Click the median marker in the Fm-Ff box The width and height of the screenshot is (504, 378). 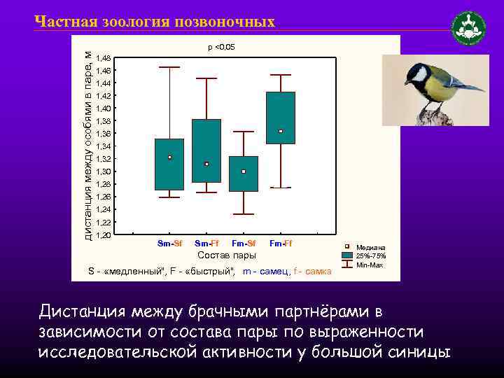coord(281,131)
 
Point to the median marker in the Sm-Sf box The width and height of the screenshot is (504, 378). coord(169,157)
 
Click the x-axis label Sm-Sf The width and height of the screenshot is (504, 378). coord(169,244)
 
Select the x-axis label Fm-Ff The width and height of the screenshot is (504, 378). coord(281,244)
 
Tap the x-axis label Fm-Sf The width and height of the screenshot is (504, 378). coord(244,244)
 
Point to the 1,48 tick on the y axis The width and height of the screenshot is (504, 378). coord(103,58)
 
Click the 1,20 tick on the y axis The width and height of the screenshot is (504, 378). coord(103,235)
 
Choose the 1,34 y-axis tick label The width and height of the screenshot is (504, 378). coord(103,146)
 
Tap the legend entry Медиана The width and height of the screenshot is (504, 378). coord(370,248)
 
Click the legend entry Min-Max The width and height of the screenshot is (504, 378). coord(369,265)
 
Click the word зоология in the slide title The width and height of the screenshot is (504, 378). coord(132,22)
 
